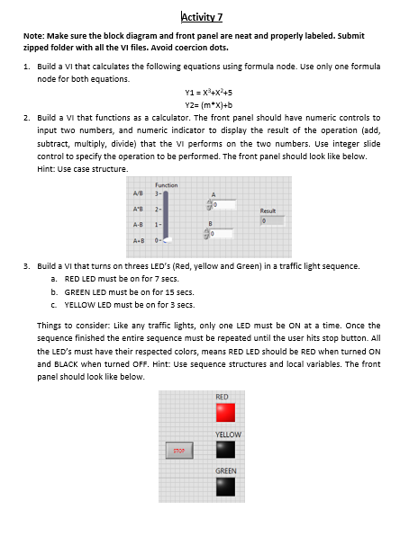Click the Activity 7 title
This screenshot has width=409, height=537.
point(202,17)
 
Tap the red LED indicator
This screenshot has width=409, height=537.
point(225,412)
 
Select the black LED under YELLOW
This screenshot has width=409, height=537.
point(225,450)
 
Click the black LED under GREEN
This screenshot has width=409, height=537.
point(225,487)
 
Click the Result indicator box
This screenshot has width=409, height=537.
point(272,221)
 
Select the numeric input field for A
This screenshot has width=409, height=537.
point(224,205)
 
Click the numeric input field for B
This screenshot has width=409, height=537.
point(222,234)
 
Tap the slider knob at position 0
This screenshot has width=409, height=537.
point(168,240)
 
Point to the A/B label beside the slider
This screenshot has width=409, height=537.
point(138,193)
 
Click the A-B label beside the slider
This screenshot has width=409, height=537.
point(138,225)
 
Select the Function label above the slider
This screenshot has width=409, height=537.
point(167,185)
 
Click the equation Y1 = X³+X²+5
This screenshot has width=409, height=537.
point(209,93)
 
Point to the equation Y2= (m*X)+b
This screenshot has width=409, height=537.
point(209,105)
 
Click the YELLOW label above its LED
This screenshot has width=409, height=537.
point(228,434)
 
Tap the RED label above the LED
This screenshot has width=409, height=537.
point(222,397)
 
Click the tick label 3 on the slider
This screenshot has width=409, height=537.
point(157,193)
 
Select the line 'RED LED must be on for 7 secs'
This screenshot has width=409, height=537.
point(122,279)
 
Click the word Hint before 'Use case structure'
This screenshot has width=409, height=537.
point(46,169)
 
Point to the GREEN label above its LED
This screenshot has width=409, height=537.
point(226,471)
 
